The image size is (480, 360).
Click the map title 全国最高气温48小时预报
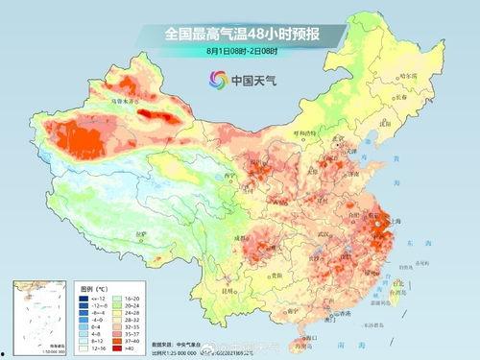point(240,35)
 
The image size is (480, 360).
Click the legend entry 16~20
point(125,299)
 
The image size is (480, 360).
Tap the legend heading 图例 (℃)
point(94,288)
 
